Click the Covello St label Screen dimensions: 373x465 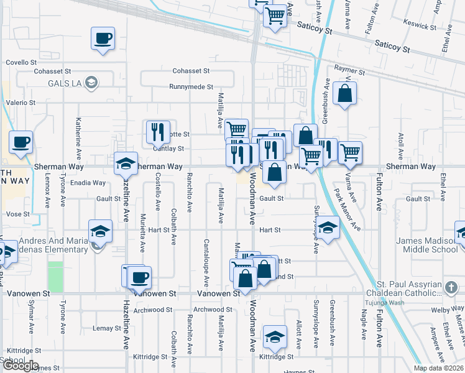coord(22,63)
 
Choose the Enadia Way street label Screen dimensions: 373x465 coord(88,183)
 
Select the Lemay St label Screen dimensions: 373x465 coord(106,328)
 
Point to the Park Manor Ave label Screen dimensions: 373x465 coord(348,211)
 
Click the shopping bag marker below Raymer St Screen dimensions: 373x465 coord(344,94)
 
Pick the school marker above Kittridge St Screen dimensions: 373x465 coord(275,337)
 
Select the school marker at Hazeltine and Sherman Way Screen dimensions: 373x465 coord(126,164)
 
